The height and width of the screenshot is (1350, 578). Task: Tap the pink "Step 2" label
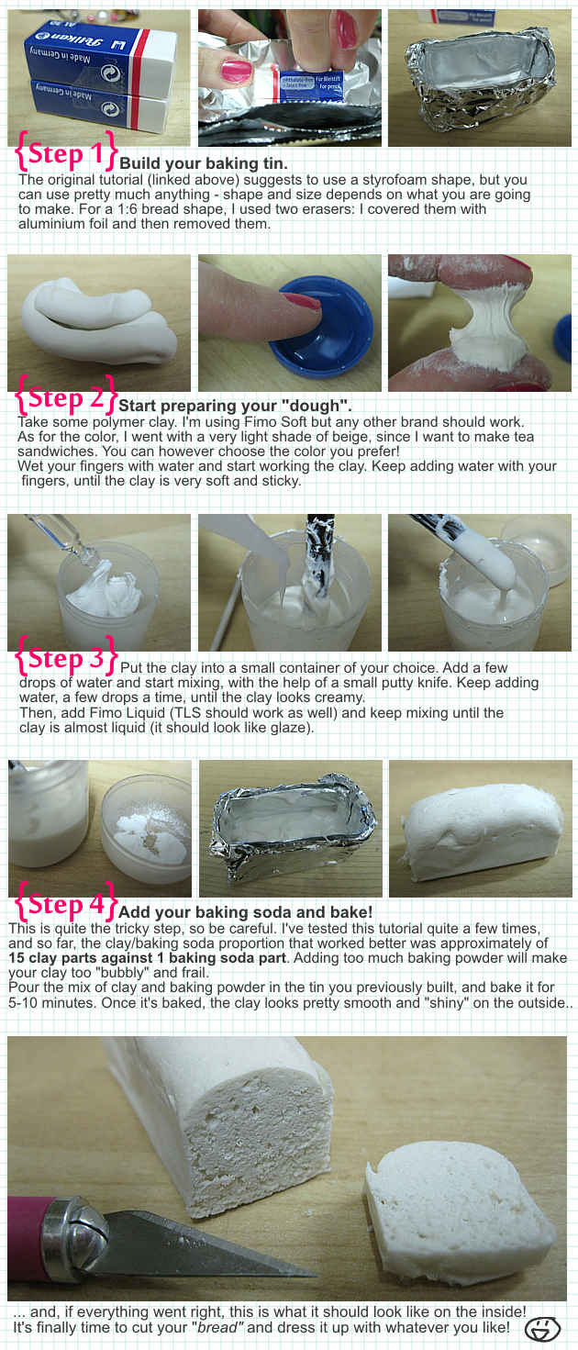65,396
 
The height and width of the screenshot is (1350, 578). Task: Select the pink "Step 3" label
65,657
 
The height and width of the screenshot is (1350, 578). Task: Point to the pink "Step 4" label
65,903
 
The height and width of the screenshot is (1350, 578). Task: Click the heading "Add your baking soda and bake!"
245,911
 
